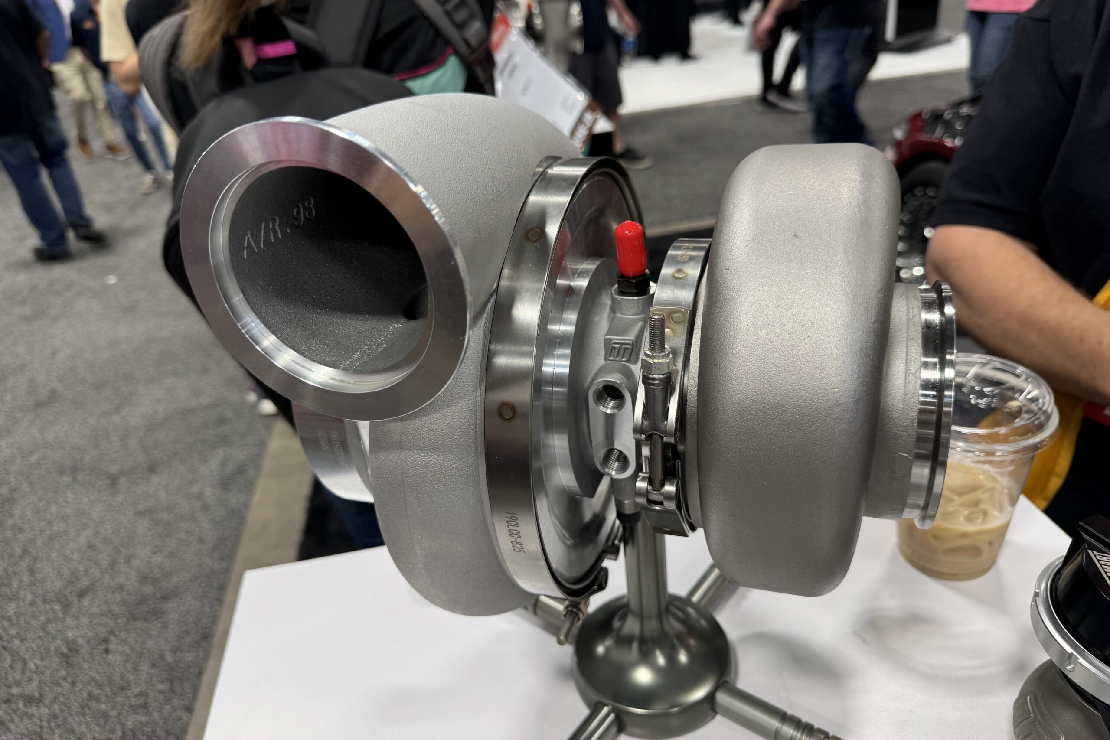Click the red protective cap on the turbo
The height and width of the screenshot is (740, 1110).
click(x=630, y=249)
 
